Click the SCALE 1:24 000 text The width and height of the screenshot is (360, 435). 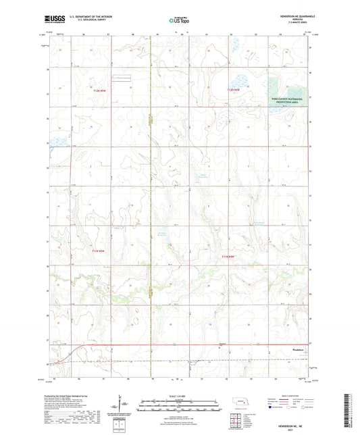[x=180, y=396]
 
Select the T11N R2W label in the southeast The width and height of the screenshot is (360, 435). [x=231, y=257]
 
